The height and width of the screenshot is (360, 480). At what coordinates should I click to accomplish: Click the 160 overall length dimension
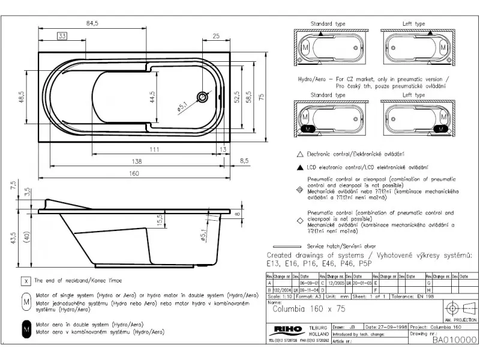[134, 173]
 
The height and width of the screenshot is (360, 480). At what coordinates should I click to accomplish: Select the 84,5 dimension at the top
[92, 23]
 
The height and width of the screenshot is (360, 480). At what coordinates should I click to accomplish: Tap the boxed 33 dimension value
[63, 36]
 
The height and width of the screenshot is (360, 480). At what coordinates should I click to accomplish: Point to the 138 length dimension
[138, 161]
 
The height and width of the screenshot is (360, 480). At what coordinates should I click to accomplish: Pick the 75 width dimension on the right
[261, 97]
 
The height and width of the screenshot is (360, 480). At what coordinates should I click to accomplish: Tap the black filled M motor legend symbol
[26, 328]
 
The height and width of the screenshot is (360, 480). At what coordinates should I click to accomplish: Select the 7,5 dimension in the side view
[13, 186]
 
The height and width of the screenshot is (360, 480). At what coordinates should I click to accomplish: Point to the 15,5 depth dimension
[159, 221]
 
